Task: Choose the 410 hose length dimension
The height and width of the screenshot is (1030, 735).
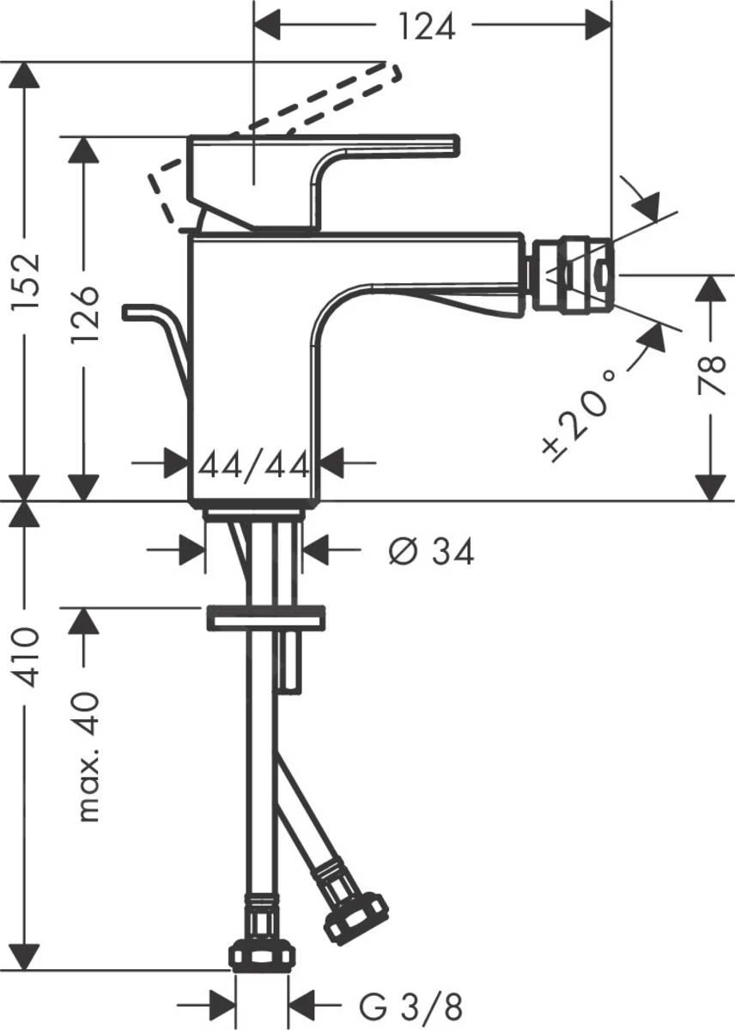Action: [x=29, y=657]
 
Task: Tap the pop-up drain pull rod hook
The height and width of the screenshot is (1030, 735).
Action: [x=142, y=312]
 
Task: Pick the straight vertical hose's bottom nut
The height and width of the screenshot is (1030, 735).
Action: [x=262, y=954]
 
